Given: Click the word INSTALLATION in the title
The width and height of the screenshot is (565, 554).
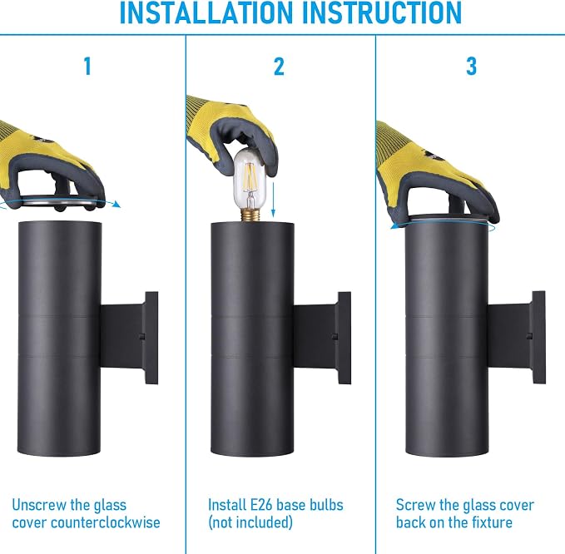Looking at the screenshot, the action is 206,12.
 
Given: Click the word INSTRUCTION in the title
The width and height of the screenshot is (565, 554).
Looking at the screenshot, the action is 382,12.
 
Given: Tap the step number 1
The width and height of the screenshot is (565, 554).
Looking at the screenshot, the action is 87,67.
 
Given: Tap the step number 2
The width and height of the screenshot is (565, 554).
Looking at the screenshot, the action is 279,67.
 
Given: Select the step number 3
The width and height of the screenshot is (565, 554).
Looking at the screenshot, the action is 471,67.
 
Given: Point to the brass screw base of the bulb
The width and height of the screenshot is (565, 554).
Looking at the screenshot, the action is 251,215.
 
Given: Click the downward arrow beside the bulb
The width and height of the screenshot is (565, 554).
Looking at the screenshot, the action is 273,200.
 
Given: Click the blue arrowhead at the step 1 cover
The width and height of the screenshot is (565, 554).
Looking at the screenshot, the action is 116,205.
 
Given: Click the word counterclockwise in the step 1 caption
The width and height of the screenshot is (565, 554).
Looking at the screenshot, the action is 106,522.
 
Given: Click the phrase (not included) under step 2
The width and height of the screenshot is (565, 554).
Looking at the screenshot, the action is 250,522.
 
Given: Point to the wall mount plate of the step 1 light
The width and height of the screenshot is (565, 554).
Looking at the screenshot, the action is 151,338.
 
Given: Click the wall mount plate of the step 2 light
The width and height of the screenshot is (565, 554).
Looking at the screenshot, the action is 344,338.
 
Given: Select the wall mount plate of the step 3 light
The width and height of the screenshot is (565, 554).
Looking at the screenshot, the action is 538,337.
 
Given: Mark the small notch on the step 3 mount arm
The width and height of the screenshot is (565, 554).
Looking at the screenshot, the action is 529,336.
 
